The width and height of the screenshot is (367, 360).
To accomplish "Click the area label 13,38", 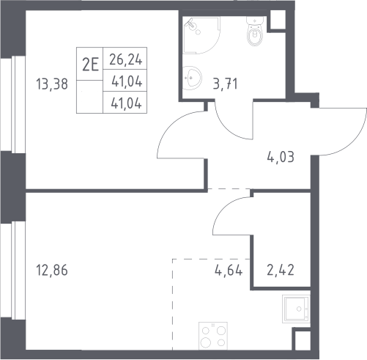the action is click(52, 84).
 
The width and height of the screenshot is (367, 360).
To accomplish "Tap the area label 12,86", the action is click(52, 271).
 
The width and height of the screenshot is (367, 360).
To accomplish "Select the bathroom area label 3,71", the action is click(225, 84).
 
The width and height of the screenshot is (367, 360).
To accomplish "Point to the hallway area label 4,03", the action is click(281, 157).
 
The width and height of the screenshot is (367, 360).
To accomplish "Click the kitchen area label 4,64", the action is click(229, 271).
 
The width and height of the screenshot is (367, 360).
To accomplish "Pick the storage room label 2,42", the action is click(281, 271).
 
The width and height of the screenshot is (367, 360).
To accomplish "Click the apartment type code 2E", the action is click(90, 65).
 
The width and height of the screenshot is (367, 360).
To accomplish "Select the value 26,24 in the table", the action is click(125, 59).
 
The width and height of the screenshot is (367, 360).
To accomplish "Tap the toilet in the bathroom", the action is click(255, 31).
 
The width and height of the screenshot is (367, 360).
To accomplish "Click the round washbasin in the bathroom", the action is click(193, 78).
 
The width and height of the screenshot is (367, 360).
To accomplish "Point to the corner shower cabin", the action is click(201, 35).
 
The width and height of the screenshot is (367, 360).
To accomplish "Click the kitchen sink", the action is click(296, 309).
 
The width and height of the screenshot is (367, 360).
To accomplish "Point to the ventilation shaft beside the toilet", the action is click(278, 20).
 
